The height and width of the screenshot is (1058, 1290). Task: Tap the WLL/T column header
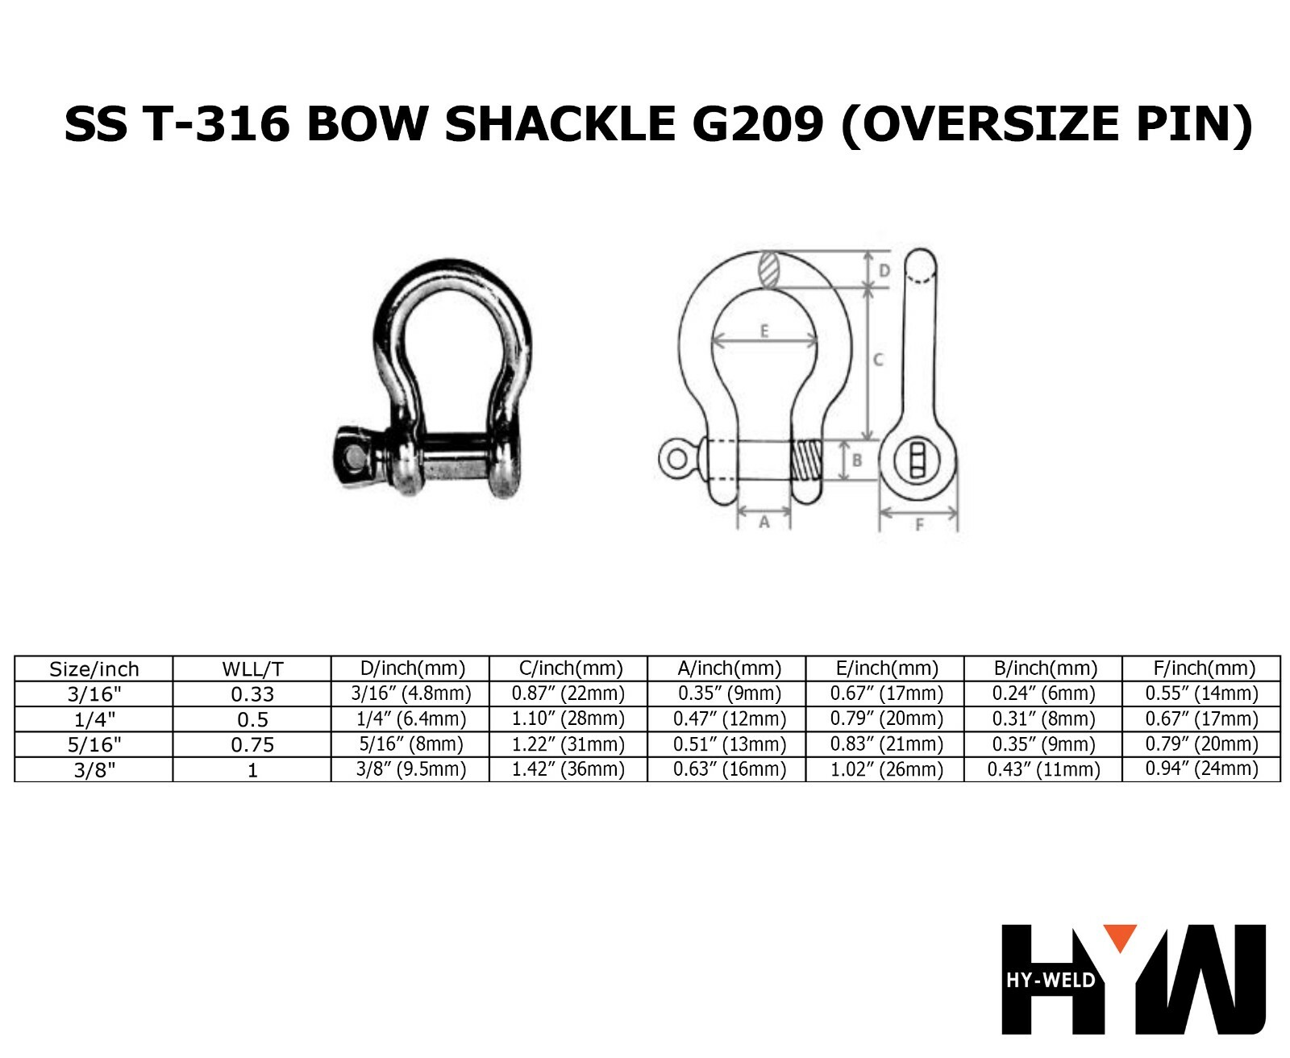(252, 669)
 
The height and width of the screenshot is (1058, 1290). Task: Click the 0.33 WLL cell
(252, 694)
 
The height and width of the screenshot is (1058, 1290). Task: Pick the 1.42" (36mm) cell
(568, 769)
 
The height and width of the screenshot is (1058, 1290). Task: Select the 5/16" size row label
(94, 744)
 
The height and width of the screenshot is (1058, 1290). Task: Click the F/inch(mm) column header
(1201, 669)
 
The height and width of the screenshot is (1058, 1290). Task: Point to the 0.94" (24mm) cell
(1201, 769)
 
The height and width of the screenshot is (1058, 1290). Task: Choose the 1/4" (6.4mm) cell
(410, 719)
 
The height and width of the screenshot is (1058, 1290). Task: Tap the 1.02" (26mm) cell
(886, 769)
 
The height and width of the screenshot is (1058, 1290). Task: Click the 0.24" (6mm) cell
(1043, 694)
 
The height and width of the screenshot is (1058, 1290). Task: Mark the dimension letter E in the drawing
(764, 331)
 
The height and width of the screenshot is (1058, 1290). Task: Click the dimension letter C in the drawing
(879, 360)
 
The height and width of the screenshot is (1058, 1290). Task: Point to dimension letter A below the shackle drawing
(764, 523)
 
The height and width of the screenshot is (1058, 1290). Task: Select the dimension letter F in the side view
(919, 525)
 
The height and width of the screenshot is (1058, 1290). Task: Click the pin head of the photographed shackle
(354, 456)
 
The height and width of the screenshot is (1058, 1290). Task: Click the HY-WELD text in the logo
(1051, 981)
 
